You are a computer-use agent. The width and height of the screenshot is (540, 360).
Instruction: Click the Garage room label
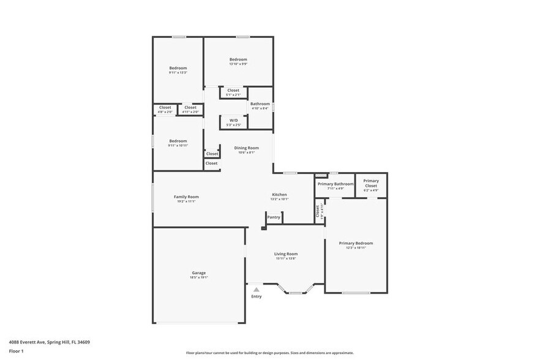pyautogui.click(x=198, y=273)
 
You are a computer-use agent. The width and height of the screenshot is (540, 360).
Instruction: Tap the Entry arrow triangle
pyautogui.click(x=256, y=289)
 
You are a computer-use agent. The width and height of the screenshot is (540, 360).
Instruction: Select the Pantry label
pyautogui.click(x=274, y=217)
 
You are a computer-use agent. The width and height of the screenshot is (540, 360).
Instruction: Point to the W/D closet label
pyautogui.click(x=233, y=121)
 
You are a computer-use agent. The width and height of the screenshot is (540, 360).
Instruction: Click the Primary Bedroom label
pyautogui.click(x=356, y=243)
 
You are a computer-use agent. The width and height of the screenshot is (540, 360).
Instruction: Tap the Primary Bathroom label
pyautogui.click(x=335, y=184)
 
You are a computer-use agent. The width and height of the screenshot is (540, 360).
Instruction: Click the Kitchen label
pyautogui.click(x=279, y=195)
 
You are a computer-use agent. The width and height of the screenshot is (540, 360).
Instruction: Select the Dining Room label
pyautogui.click(x=246, y=148)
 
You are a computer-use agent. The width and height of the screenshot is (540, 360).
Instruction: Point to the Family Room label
pyautogui.click(x=186, y=197)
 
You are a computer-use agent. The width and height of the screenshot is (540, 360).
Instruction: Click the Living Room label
pyautogui.click(x=285, y=254)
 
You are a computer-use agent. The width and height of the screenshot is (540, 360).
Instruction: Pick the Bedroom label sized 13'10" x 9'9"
pyautogui.click(x=238, y=59)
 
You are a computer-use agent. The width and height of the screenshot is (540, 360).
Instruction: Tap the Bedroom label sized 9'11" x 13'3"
pyautogui.click(x=178, y=68)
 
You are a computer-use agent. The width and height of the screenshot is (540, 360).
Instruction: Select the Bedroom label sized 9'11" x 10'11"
pyautogui.click(x=178, y=141)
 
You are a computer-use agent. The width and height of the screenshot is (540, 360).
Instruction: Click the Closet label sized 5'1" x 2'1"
pyautogui.click(x=233, y=90)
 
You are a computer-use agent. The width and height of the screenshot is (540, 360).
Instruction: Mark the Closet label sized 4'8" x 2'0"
pyautogui.click(x=165, y=108)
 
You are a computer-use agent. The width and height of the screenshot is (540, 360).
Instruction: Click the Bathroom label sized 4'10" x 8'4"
pyautogui.click(x=260, y=104)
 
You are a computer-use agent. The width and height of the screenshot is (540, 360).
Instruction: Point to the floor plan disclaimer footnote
pyautogui.click(x=269, y=353)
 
